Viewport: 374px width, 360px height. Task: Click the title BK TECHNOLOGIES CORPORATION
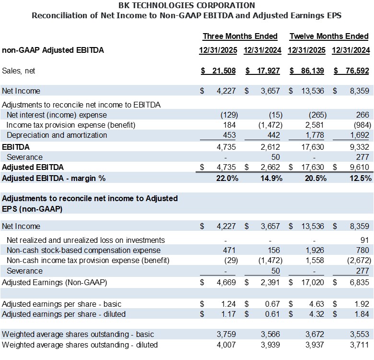tap(187, 6)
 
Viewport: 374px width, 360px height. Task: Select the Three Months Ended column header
tap(240, 36)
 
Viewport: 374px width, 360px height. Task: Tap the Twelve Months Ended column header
tap(329, 36)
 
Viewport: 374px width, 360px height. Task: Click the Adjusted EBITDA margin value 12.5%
tap(360, 178)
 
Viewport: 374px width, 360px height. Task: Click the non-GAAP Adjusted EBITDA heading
tap(53, 50)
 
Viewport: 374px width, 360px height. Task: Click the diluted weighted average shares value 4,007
tap(226, 344)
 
